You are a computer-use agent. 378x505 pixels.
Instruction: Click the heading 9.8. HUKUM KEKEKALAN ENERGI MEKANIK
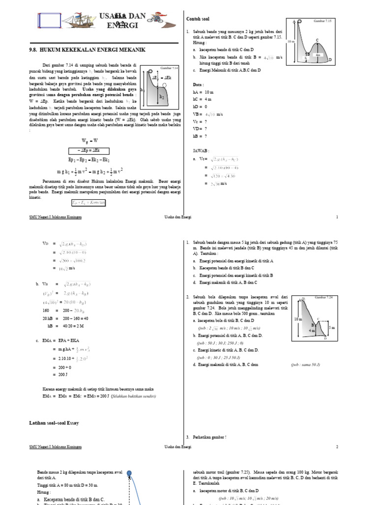(88, 50)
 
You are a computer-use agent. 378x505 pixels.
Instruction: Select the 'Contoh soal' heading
(198, 19)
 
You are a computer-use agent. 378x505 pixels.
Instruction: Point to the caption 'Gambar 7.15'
(323, 21)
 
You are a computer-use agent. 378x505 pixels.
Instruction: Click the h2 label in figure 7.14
(162, 97)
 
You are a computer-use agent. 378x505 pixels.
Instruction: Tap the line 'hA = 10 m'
(203, 92)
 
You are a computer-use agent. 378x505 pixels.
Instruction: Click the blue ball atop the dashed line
(129, 474)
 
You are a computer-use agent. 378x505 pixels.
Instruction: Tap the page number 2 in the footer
(337, 447)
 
